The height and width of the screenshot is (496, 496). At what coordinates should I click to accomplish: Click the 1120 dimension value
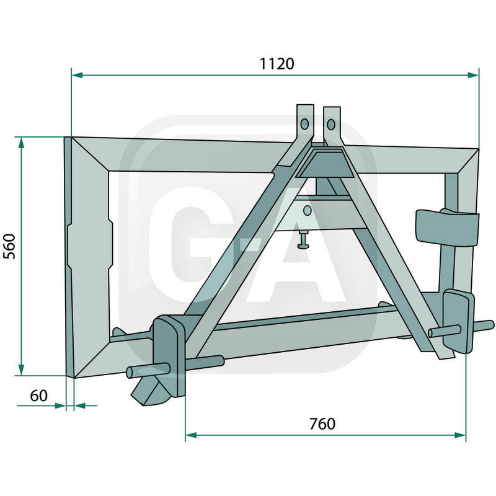click(x=277, y=64)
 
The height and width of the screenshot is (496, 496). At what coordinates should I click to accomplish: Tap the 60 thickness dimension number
click(x=38, y=396)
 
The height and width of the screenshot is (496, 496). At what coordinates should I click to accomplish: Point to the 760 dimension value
click(x=322, y=424)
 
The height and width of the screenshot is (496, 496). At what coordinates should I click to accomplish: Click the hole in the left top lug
click(x=304, y=124)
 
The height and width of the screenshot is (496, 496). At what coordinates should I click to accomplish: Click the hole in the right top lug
click(x=331, y=125)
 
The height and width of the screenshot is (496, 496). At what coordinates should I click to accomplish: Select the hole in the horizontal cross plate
click(x=306, y=211)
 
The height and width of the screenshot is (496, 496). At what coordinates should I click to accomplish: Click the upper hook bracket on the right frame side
click(x=447, y=227)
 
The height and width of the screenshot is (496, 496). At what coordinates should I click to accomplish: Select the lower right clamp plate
click(x=458, y=320)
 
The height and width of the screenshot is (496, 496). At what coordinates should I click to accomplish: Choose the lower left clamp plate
click(x=169, y=353)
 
